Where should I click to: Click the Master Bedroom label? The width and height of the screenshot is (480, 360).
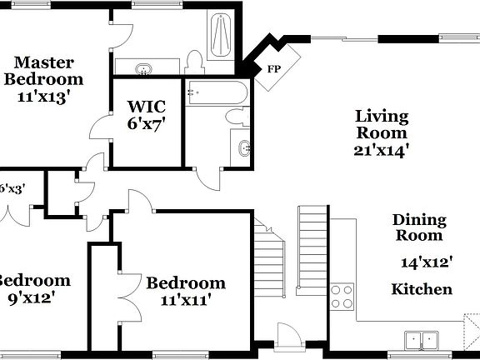click(44, 71)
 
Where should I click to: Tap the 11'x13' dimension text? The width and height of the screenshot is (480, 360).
click(42, 97)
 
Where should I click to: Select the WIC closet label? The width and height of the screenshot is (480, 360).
click(147, 107)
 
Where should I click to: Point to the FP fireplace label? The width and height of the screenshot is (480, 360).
click(272, 69)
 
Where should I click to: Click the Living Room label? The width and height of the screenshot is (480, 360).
click(382, 124)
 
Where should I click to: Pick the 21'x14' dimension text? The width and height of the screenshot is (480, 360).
click(381, 150)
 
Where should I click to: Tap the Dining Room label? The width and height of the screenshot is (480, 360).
click(420, 228)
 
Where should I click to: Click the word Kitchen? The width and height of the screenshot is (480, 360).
click(422, 289)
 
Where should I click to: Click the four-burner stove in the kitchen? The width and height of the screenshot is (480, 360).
click(342, 296)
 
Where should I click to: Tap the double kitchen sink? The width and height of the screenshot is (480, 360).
click(422, 340)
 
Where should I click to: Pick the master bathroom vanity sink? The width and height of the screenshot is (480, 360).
click(144, 67)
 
